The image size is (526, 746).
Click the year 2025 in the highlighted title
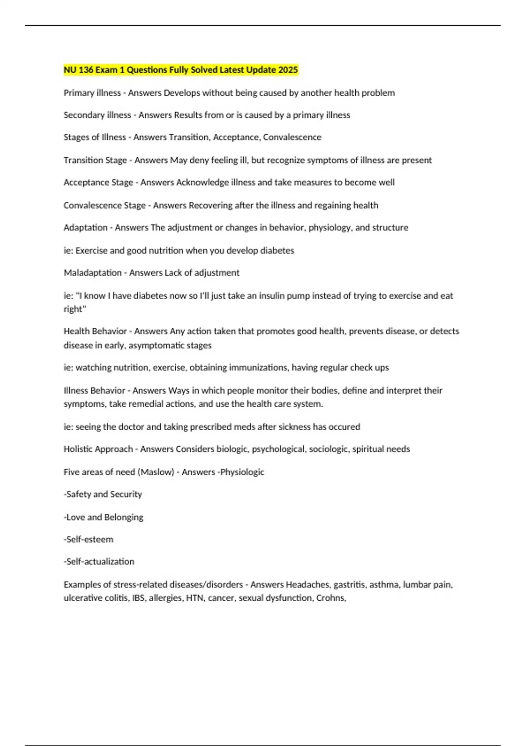[x=288, y=70]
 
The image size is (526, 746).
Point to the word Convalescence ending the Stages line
[x=292, y=137]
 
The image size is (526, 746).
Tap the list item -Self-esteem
[x=89, y=539]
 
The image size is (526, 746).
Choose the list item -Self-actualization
[x=99, y=562]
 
